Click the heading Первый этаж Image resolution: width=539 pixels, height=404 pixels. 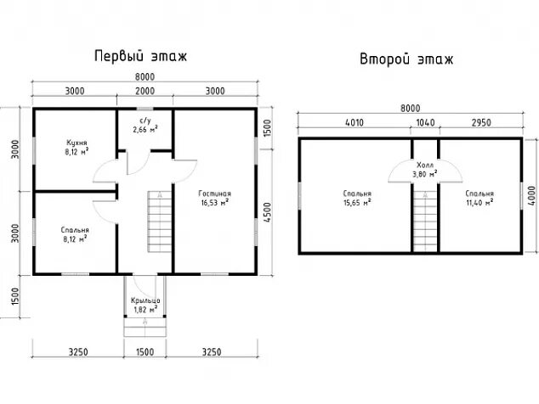140,57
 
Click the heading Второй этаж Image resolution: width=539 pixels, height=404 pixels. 406,59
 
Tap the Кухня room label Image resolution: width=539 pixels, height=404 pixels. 77,148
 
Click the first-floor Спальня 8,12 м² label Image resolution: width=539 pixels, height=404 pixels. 75,234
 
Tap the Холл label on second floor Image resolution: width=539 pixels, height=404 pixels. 424,169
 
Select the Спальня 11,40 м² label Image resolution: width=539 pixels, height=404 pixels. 480,198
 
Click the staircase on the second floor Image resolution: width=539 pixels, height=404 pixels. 424,220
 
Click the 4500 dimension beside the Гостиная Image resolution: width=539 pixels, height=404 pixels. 266,210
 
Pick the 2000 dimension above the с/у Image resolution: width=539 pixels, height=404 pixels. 145,91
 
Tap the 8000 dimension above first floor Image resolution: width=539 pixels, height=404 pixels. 145,76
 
